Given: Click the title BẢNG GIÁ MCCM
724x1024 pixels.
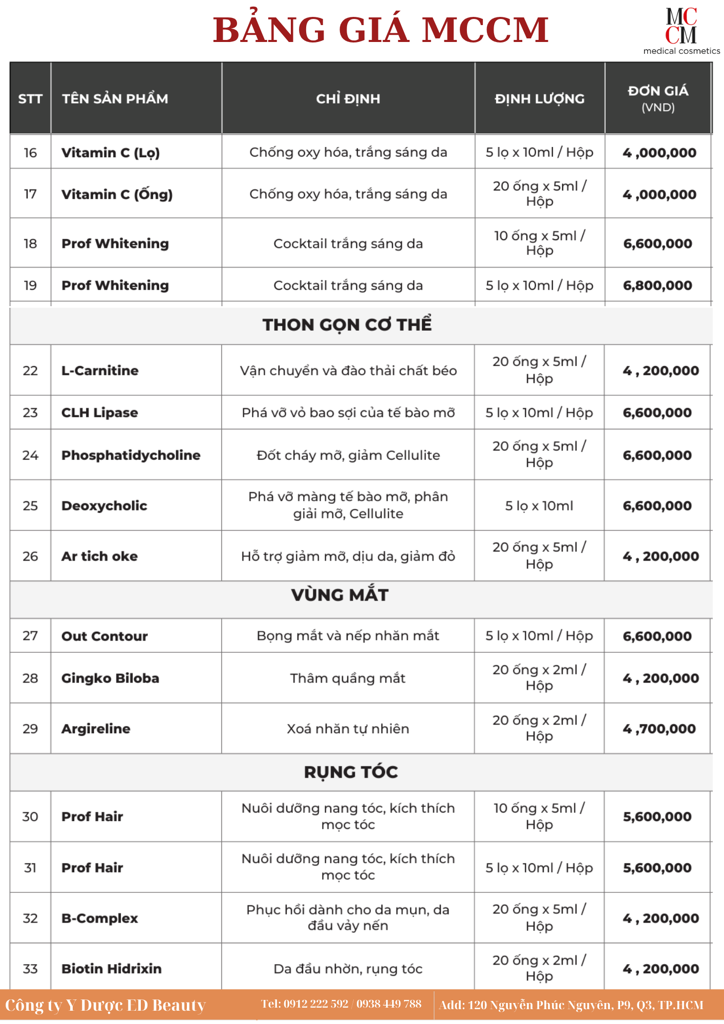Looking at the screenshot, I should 380,30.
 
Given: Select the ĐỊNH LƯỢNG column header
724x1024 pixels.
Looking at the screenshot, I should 540,99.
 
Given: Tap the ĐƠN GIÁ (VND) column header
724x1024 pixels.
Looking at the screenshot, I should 658,98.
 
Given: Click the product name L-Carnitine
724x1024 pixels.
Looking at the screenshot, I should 100,371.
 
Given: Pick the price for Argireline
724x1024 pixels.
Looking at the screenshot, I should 659,729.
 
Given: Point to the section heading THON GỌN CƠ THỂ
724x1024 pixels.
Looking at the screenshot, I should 347,325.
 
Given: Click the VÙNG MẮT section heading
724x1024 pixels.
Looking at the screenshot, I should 340,595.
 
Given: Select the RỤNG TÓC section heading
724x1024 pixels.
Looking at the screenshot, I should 351,772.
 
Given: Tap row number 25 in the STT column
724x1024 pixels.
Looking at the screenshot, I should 30,506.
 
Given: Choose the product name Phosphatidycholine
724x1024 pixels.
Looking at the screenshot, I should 131,455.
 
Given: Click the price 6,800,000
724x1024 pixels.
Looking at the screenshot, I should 657,286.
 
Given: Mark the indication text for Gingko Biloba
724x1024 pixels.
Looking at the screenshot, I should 348,678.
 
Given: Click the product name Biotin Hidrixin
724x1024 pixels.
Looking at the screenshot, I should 111,969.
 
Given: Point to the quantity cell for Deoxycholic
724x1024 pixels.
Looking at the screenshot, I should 539,506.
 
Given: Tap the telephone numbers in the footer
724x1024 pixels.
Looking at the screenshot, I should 341,1004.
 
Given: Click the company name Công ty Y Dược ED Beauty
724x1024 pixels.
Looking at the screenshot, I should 105,1005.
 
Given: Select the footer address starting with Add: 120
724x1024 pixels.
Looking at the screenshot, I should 571,1005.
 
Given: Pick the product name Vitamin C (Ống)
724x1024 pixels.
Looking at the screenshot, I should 117,195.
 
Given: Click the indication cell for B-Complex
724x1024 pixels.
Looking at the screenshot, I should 348,918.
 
